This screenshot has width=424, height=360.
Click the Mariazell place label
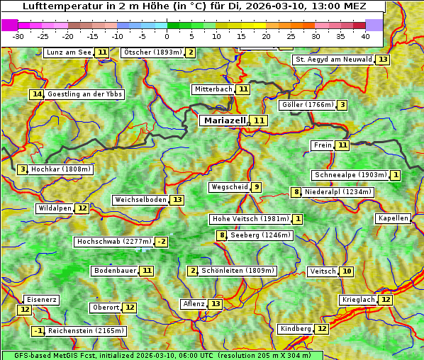224,120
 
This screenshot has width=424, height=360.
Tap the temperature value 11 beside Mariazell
260,120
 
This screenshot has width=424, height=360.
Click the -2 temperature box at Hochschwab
162,242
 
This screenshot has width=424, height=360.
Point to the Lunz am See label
69,52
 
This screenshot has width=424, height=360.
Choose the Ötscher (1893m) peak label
152,52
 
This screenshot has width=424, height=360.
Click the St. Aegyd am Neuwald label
333,60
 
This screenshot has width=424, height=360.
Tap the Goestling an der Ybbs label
84,94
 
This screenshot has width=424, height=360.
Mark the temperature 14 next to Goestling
37,94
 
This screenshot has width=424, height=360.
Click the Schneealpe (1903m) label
350,175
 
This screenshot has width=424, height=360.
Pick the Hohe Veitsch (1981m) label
250,219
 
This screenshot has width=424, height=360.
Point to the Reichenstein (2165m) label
87,331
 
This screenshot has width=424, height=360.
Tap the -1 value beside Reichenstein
39,331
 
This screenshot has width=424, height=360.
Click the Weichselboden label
140,200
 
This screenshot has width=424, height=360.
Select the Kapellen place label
393,218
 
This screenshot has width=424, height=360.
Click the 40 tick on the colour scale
365,36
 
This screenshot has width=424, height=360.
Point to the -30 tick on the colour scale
18,36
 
